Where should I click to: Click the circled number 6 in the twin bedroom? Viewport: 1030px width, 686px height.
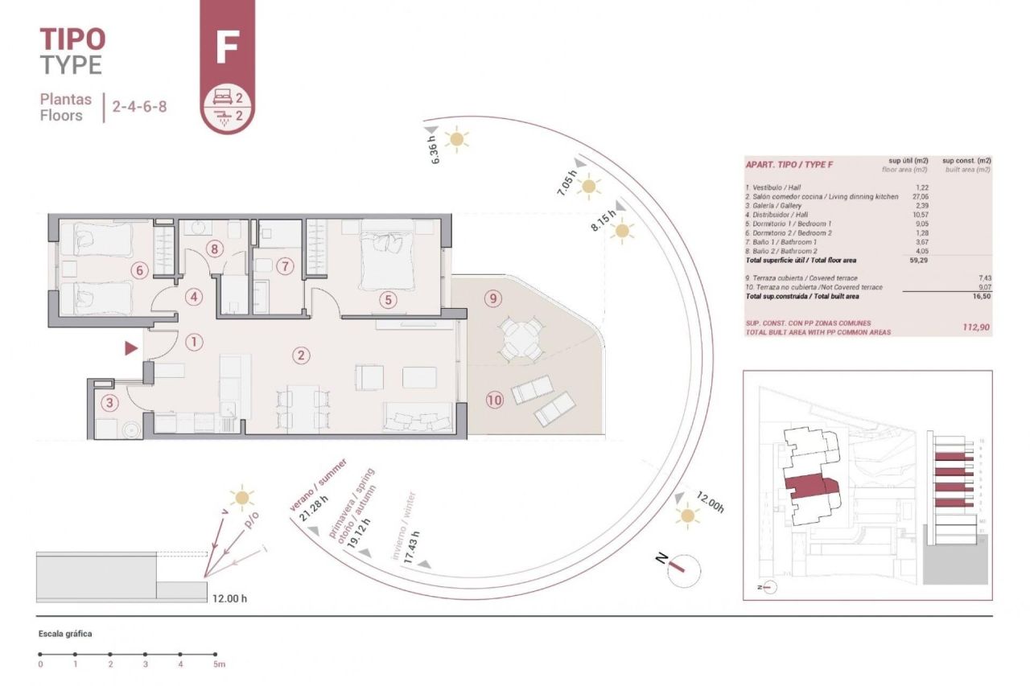coord(139,270)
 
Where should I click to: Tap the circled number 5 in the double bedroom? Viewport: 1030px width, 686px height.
coord(389,299)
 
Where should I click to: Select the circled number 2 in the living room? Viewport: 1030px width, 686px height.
coord(301,355)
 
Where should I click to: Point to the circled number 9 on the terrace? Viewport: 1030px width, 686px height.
coord(493,298)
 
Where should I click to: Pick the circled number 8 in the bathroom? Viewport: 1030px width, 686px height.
coord(213,249)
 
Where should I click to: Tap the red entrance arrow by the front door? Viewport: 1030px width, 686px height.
coord(130,348)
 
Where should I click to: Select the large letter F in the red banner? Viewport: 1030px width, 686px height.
coord(227,48)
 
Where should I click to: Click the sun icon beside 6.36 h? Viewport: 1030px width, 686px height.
coord(457,140)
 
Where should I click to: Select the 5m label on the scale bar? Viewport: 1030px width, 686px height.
coord(218,664)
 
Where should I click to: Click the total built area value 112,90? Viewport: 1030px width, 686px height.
coord(976,327)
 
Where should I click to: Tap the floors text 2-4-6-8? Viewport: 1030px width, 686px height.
coord(140,106)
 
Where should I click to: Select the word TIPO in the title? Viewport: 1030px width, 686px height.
coord(72,38)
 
